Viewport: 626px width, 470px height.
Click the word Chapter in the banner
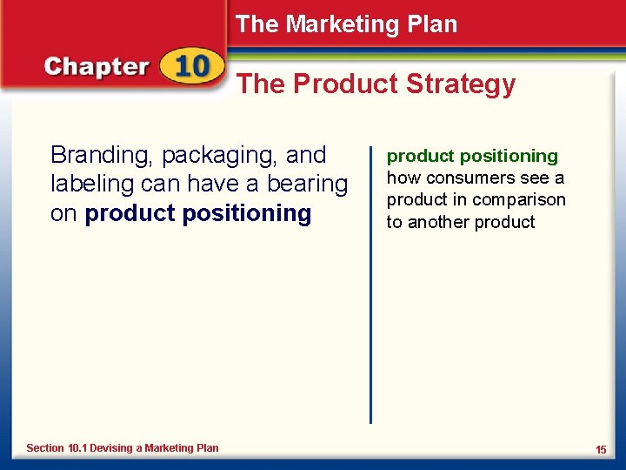point(97,67)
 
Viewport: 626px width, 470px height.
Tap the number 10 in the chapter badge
point(190,66)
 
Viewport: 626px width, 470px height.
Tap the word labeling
point(91,185)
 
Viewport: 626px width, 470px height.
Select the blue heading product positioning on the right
point(472,157)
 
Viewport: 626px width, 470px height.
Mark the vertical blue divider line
point(371,279)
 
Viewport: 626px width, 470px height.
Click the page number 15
point(601,449)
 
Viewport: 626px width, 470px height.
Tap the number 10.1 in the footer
point(77,448)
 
